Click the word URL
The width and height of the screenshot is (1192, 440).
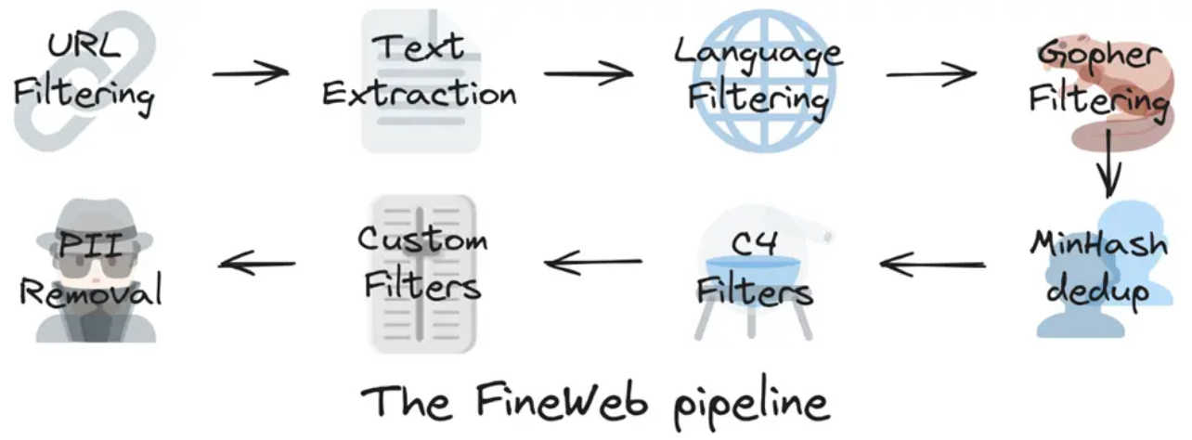pyautogui.click(x=84, y=45)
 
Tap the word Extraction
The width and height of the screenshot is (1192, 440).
pyautogui.click(x=420, y=94)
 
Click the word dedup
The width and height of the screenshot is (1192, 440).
pyautogui.click(x=1097, y=293)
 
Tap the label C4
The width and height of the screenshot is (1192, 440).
pyautogui.click(x=754, y=243)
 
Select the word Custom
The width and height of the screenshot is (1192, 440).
pyautogui.click(x=422, y=239)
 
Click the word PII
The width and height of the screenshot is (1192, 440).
pyautogui.click(x=91, y=246)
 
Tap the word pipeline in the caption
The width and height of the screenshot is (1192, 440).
pyautogui.click(x=751, y=406)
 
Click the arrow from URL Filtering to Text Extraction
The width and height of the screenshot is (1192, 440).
pyautogui.click(x=251, y=73)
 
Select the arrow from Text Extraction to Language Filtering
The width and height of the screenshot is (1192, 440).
pyautogui.click(x=589, y=73)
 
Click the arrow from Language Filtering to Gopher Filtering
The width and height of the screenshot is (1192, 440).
pyautogui.click(x=931, y=73)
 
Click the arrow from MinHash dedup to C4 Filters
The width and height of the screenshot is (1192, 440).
pyautogui.click(x=932, y=264)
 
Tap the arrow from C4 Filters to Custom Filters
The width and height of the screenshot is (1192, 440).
pyautogui.click(x=593, y=263)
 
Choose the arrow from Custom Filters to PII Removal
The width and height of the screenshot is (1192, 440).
pyautogui.click(x=257, y=263)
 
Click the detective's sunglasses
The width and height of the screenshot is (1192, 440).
pyautogui.click(x=96, y=267)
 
